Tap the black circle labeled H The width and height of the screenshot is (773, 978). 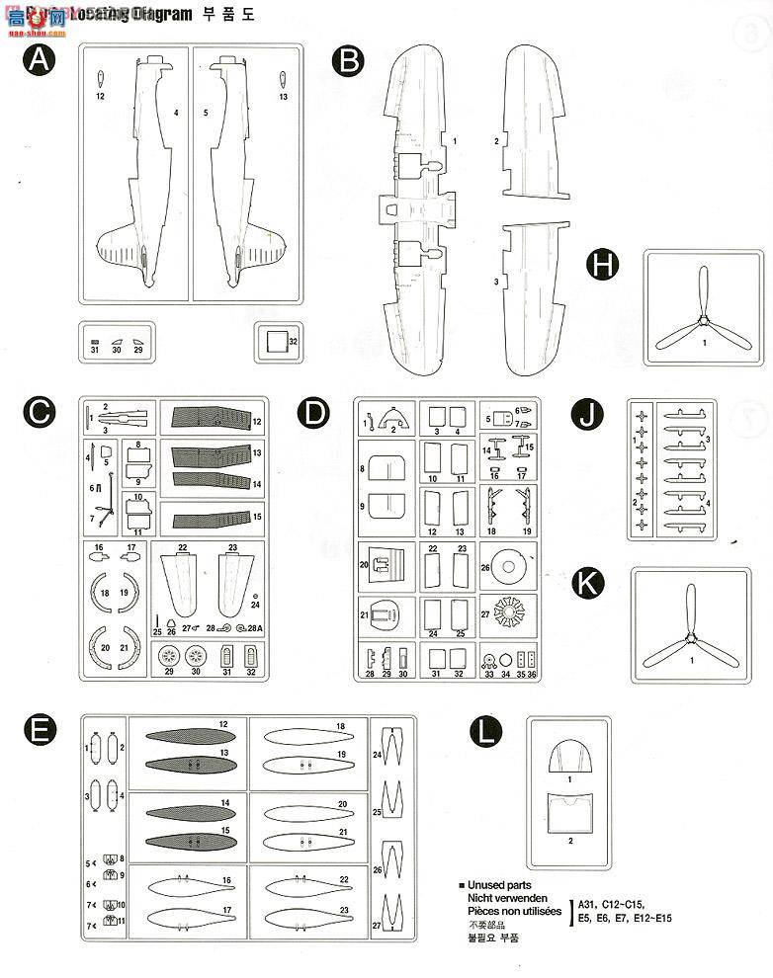coord(602,265)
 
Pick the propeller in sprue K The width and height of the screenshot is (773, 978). coord(689,628)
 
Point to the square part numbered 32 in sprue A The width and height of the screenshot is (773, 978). coord(274,342)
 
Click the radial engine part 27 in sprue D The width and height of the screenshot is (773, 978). coord(513,616)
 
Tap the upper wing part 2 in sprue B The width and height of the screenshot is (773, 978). coord(533,123)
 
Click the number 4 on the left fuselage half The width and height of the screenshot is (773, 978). coord(176,114)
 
